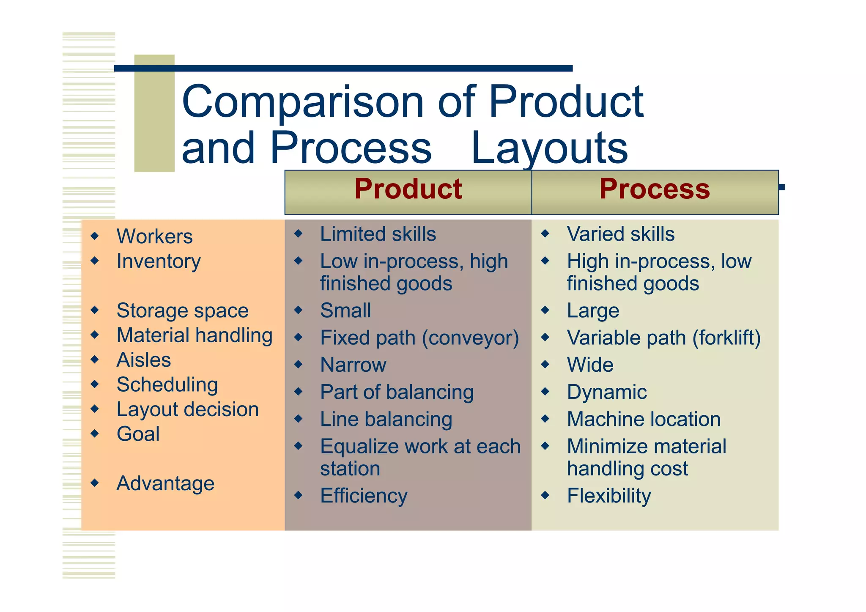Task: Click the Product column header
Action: tap(408, 189)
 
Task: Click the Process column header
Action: tap(655, 189)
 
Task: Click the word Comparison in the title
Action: tap(302, 102)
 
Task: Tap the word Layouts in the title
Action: tap(549, 148)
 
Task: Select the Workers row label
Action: tap(154, 236)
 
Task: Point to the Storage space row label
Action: tap(182, 310)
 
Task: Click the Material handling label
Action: tap(195, 335)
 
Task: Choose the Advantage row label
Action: tap(165, 483)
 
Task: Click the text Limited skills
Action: tap(378, 234)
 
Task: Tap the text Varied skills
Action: tap(620, 234)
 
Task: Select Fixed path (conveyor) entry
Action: tap(419, 338)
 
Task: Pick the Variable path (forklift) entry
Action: tap(663, 338)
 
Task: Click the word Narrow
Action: tap(353, 365)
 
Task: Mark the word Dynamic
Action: tap(606, 392)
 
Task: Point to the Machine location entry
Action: tap(644, 419)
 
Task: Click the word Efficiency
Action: tap(364, 496)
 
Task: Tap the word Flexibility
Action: tap(608, 496)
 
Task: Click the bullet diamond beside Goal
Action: tap(95, 434)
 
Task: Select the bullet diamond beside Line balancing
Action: tap(299, 419)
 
